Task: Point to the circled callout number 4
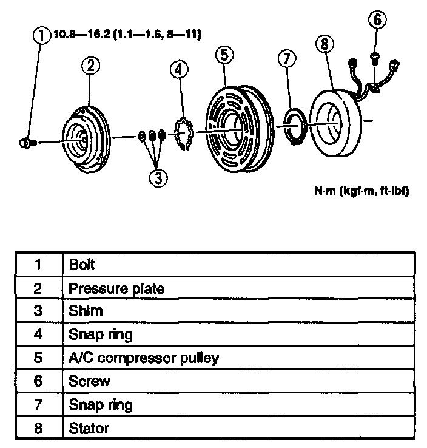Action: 178,70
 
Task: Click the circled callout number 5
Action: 224,55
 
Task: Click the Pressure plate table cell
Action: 116,288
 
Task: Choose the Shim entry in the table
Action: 86,311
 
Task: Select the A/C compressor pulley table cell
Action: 143,358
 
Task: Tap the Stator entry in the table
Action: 89,428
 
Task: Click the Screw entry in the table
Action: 89,381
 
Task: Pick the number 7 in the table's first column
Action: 38,404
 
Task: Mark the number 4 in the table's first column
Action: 38,334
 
